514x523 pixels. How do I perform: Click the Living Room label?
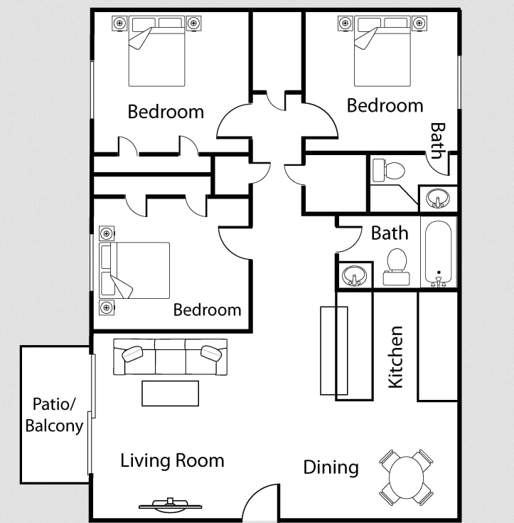pos(172,460)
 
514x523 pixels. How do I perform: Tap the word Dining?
pos(331,467)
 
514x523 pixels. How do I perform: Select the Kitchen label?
pos(396,357)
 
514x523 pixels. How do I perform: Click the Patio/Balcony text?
pos(54,416)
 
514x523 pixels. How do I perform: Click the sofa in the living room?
pos(171,357)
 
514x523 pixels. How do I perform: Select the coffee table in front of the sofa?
pos(171,393)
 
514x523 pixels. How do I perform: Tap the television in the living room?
pos(171,504)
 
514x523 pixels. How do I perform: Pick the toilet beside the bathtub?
pos(397,267)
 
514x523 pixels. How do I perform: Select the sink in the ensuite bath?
pos(438,199)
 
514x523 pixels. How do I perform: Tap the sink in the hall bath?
pos(354,275)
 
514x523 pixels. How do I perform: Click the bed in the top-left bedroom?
pos(156,51)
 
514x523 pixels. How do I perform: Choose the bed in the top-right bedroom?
pos(382,51)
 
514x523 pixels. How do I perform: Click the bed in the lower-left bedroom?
pos(134,270)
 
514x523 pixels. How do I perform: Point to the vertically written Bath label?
pos(438,140)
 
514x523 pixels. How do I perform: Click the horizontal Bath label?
pos(390,233)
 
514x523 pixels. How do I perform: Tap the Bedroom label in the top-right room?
pos(385,105)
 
